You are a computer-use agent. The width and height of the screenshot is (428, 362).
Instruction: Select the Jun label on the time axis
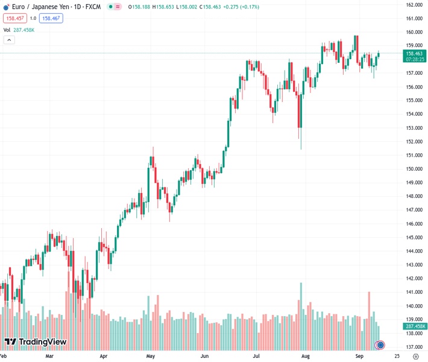click(205, 357)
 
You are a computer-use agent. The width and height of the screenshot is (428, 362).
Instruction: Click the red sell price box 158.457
click(15, 19)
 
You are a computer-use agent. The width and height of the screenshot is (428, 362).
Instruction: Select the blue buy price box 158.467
click(51, 19)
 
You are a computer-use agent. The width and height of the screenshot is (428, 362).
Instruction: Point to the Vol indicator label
click(7, 30)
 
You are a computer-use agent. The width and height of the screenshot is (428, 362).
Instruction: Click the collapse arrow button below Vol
click(9, 40)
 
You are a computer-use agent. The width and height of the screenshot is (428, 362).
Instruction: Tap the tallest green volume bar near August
click(300, 314)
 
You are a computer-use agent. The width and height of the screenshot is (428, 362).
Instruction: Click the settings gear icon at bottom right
click(415, 357)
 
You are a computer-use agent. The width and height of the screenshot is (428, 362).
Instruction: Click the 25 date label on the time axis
click(396, 357)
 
